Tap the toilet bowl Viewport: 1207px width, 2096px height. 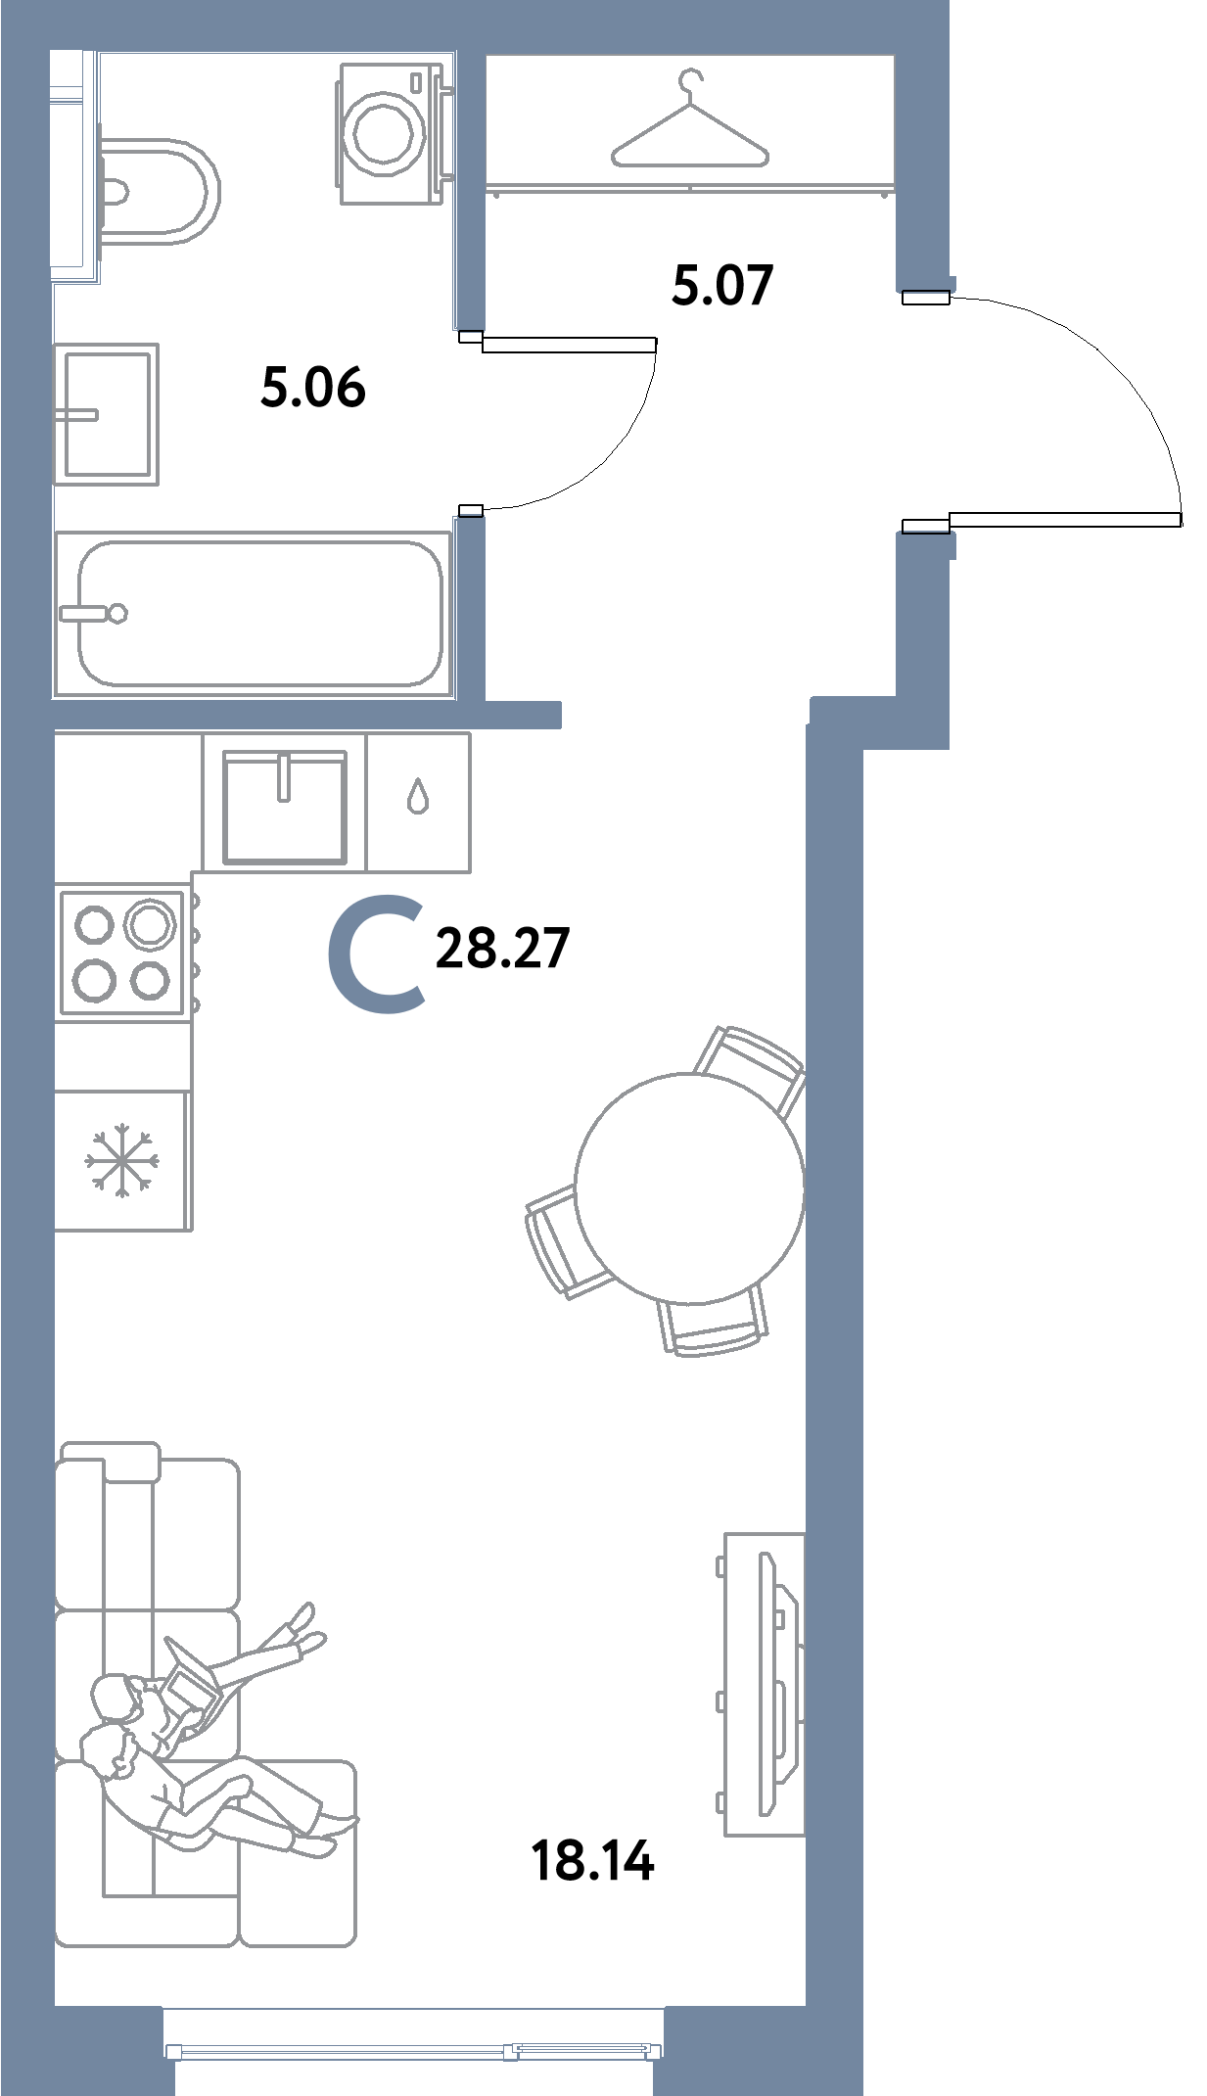162,191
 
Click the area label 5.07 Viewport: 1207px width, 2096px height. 722,286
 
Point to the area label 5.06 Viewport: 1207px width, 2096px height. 313,387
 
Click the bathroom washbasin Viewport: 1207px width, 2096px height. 106,413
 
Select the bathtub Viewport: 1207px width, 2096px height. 255,614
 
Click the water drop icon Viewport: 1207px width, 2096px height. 418,797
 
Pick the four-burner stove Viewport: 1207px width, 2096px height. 123,951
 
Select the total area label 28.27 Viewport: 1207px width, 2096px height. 502,949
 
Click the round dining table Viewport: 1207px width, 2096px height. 689,1187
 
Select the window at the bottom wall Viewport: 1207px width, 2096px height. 413,2050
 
